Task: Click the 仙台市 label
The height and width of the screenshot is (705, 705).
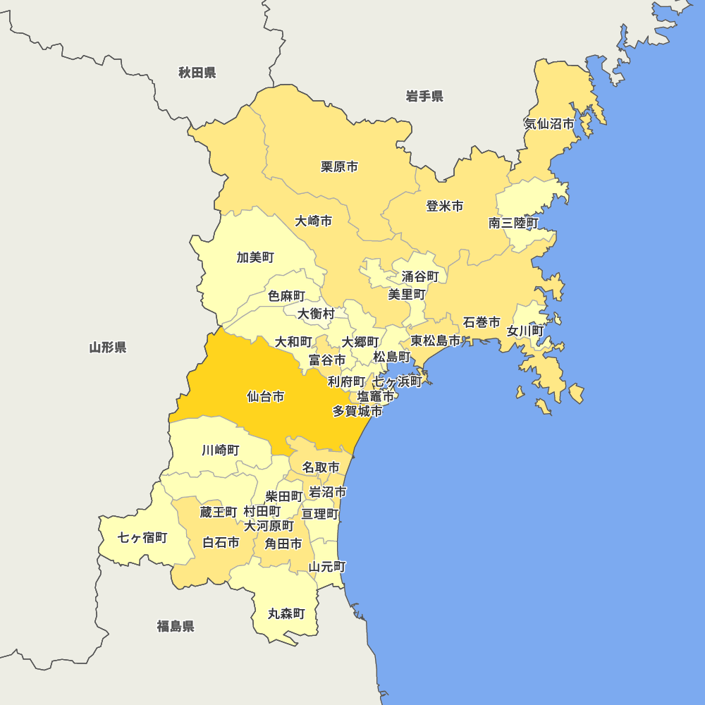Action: [266, 397]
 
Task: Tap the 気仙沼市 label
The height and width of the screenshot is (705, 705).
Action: [549, 124]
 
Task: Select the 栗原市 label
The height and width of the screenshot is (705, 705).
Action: [339, 167]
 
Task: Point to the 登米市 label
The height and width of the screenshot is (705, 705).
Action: [445, 207]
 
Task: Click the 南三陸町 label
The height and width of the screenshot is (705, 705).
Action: [514, 223]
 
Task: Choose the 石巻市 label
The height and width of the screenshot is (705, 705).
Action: [482, 323]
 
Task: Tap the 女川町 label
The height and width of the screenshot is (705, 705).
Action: [525, 331]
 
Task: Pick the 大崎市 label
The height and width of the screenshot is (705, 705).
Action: [314, 221]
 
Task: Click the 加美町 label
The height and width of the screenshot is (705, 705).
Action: [255, 257]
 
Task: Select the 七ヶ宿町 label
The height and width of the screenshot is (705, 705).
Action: [142, 538]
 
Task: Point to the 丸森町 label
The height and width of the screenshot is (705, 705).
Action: [286, 614]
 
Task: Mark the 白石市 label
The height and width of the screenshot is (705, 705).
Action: [221, 543]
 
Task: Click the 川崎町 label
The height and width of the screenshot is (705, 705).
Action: [220, 450]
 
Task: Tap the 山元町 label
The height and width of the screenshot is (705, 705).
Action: [327, 566]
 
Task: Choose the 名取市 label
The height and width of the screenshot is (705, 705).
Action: [321, 467]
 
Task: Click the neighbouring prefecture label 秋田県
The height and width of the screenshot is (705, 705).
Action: [197, 73]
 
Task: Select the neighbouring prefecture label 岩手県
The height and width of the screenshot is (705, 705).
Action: [424, 97]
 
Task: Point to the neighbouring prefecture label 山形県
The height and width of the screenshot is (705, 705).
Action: [108, 347]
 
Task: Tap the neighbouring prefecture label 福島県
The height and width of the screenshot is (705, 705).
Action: [176, 626]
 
